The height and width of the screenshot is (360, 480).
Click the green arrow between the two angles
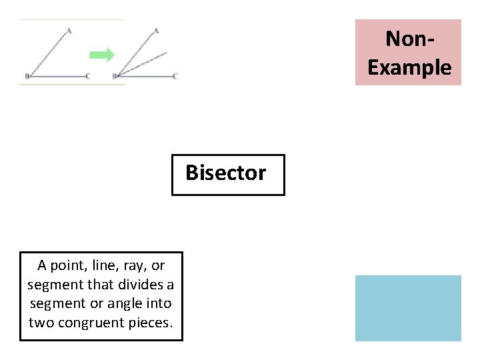click(101, 55)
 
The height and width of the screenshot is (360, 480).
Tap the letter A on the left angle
click(69, 30)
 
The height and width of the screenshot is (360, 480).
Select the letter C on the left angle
click(88, 76)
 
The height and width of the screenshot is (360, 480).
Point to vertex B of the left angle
click(27, 76)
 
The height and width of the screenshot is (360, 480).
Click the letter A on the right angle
click(156, 30)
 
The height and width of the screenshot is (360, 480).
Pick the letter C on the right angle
click(175, 76)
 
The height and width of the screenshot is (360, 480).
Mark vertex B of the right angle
click(115, 76)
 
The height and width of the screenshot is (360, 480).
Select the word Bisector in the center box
click(225, 173)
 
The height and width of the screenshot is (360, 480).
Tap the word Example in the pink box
click(409, 67)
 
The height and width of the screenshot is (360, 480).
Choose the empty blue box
click(407, 308)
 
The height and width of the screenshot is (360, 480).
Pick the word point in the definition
click(70, 265)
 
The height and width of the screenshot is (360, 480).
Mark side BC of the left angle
click(57, 77)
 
